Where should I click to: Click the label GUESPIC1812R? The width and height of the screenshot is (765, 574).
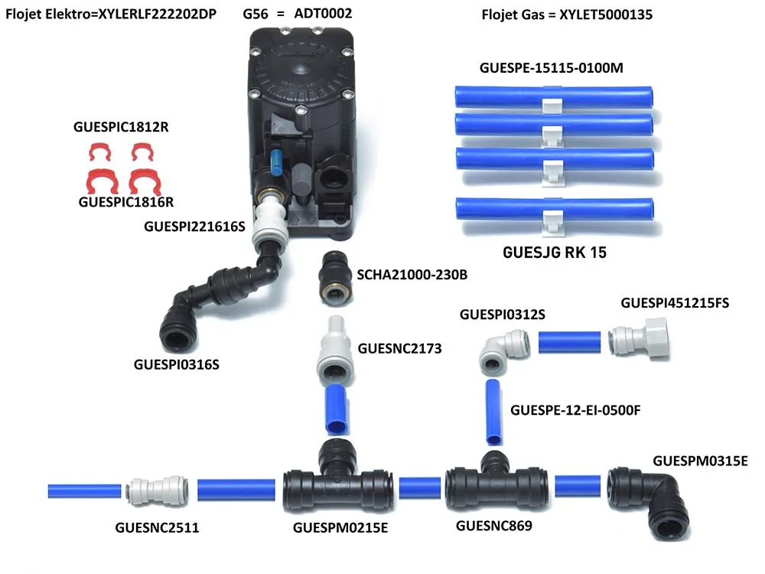pos(121,127)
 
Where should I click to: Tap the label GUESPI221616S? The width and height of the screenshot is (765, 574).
pos(194,227)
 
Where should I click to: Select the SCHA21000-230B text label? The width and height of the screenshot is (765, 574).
pos(412,275)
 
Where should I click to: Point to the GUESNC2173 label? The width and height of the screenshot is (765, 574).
pos(399,348)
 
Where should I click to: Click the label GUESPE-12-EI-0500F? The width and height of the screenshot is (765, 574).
pos(575,410)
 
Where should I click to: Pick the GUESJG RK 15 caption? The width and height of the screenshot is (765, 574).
pos(555,253)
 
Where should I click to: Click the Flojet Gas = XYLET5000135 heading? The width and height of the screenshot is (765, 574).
pos(567,15)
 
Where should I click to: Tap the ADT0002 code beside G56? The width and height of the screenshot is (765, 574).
pos(323,13)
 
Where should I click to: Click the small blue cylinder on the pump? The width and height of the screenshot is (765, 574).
pos(275,162)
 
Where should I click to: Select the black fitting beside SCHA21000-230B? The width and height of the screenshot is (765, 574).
pos(336,278)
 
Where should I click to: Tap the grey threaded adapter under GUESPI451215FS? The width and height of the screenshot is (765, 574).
pos(640,338)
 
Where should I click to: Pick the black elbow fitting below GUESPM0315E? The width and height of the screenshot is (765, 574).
pos(649,502)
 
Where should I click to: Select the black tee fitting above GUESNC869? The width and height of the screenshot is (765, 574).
pos(496,482)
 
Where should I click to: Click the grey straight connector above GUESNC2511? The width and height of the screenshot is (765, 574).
pos(157,490)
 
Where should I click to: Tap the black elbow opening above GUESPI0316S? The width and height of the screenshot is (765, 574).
pos(178,334)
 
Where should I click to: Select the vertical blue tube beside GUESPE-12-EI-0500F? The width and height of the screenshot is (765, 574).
pos(493,413)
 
